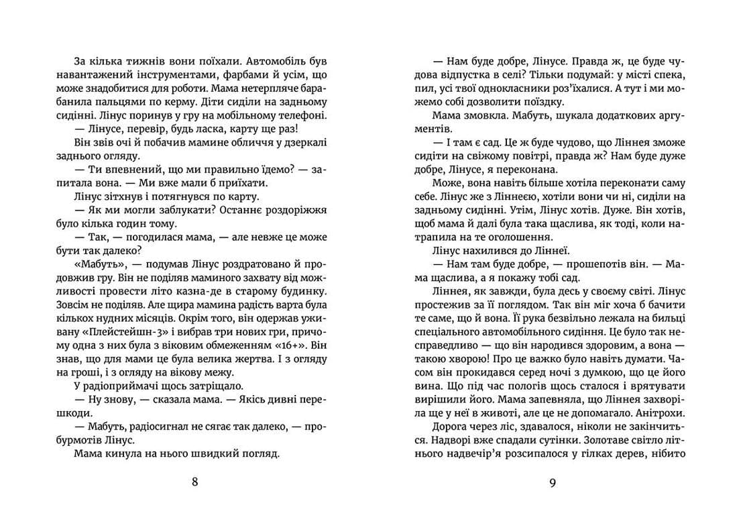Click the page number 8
pos(194,481)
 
